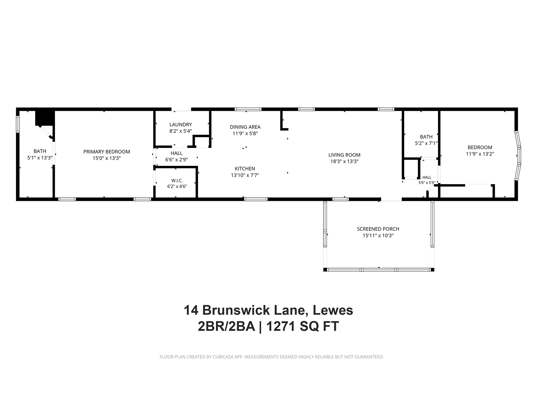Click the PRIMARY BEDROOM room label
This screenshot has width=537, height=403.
click(107, 152)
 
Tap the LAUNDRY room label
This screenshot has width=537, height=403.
click(180, 124)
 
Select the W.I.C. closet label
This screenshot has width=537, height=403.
click(177, 181)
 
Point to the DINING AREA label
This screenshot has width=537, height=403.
click(245, 127)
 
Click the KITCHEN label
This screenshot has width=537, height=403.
click(245, 169)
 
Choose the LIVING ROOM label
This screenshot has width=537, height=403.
click(344, 155)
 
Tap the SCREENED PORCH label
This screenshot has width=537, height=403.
click(378, 229)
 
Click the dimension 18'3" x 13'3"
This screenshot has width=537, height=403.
click(344, 161)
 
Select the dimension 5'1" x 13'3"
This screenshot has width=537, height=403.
click(40, 158)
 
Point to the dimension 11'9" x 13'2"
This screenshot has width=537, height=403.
click(480, 154)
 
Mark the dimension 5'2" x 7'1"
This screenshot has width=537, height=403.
click(426, 143)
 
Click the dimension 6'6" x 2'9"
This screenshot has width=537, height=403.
click(176, 160)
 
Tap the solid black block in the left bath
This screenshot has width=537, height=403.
click(44, 118)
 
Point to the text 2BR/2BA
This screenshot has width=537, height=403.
click(226, 326)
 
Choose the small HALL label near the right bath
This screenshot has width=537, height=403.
click(427, 177)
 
